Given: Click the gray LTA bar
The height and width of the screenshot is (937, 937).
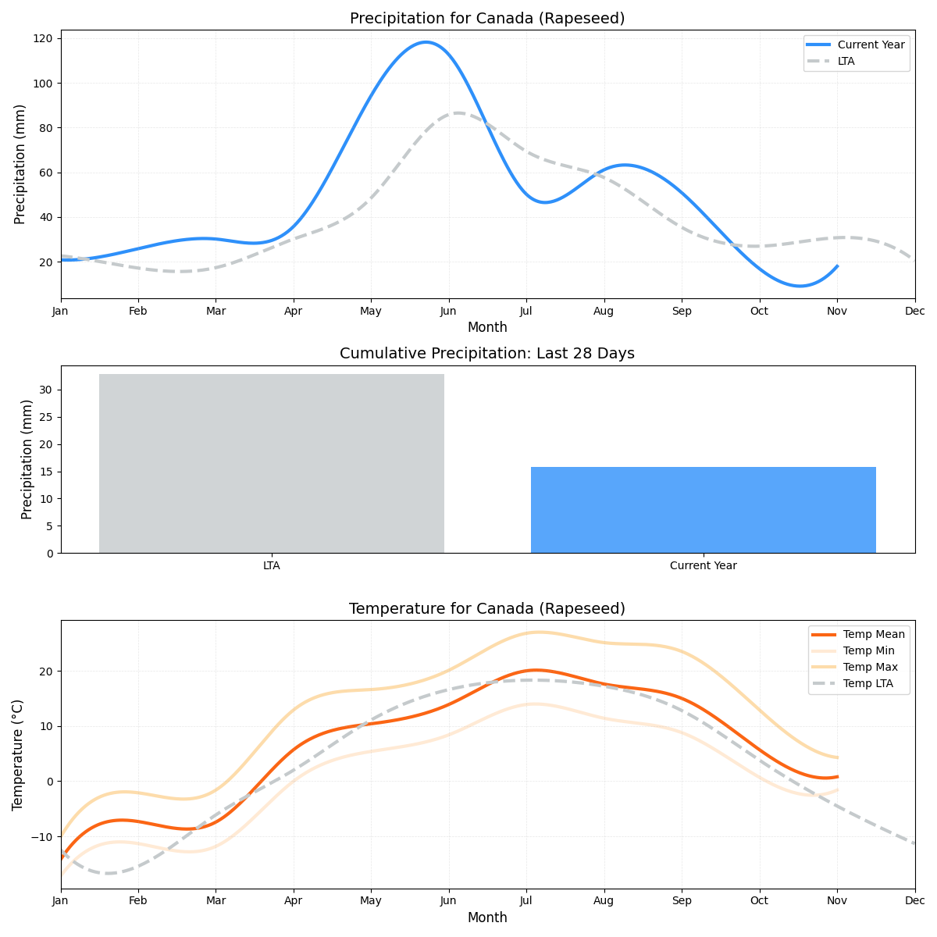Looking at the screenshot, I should (x=272, y=463).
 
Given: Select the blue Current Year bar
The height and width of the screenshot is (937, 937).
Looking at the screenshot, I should (x=703, y=510).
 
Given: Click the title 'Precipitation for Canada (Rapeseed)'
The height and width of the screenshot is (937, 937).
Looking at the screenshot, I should (x=487, y=19).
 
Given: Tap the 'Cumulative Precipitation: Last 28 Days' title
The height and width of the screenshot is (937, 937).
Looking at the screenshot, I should (x=487, y=354).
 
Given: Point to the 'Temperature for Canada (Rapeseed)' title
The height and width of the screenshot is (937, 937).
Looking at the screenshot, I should (x=487, y=608).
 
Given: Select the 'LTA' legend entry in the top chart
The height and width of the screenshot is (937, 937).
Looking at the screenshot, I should (x=846, y=61).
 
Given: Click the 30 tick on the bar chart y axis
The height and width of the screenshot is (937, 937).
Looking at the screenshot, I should (x=46, y=390).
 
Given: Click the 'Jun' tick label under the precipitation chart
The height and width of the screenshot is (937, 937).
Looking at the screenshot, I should (x=448, y=311).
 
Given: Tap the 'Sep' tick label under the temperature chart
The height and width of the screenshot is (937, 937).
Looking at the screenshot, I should (x=682, y=901).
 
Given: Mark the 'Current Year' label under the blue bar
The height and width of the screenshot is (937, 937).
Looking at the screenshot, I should (x=703, y=565).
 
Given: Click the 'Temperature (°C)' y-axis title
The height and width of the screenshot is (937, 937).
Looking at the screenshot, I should (x=18, y=754).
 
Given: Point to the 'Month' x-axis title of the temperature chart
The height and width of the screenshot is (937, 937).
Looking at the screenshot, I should (x=487, y=917).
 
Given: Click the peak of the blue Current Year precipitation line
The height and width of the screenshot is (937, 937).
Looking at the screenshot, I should (x=426, y=42).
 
